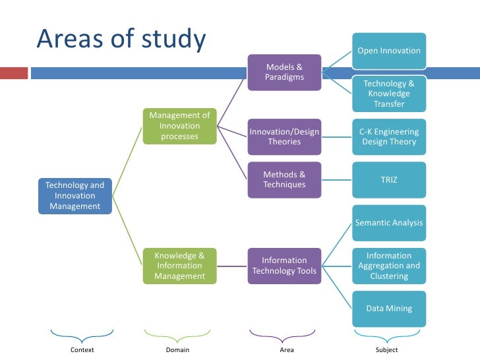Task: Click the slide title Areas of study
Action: [121, 40]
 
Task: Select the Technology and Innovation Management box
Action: [75, 196]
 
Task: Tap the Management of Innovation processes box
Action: [179, 126]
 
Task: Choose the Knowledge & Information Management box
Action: [179, 266]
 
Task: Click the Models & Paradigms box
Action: [284, 73]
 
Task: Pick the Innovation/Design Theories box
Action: [284, 136]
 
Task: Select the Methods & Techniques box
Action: [284, 179]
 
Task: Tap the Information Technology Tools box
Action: [284, 266]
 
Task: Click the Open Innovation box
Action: [389, 51]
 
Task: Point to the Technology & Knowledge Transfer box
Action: [389, 94]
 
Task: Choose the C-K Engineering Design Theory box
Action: [389, 136]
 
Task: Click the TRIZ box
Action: [389, 179]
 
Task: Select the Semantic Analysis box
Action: [389, 223]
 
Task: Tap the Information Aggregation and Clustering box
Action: [389, 266]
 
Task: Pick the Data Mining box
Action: [389, 308]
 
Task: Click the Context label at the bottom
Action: [82, 350]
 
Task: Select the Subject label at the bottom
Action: [387, 350]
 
